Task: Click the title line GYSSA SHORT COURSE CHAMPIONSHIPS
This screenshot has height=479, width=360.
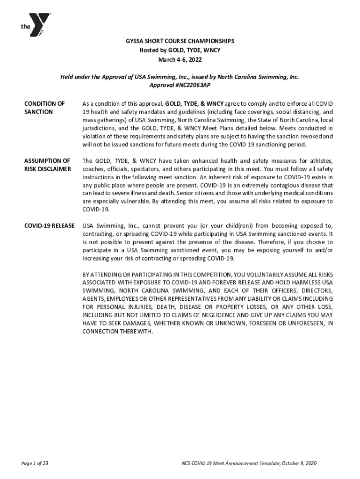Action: [x=180, y=41]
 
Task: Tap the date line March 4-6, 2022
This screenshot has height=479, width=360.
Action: [x=180, y=60]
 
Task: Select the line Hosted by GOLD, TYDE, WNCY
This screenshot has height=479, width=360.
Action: [x=180, y=51]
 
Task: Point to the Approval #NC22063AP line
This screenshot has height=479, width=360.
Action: [x=180, y=86]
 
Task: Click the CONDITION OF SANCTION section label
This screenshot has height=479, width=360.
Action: [x=44, y=108]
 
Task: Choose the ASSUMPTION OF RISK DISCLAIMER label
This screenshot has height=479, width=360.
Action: [x=47, y=165]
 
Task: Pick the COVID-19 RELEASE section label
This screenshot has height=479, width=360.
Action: [x=49, y=226]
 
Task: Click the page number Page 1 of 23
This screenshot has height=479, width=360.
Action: [x=35, y=463]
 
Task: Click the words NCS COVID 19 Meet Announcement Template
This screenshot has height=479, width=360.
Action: [x=226, y=463]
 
